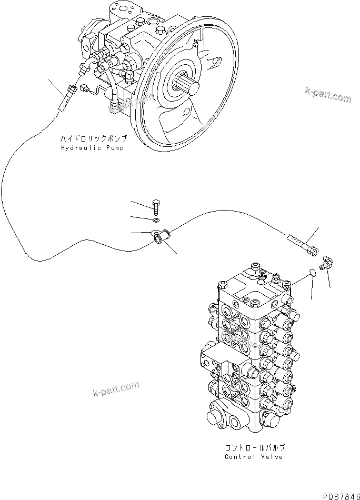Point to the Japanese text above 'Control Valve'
(x=255, y=447)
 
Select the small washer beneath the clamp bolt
(x=156, y=219)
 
